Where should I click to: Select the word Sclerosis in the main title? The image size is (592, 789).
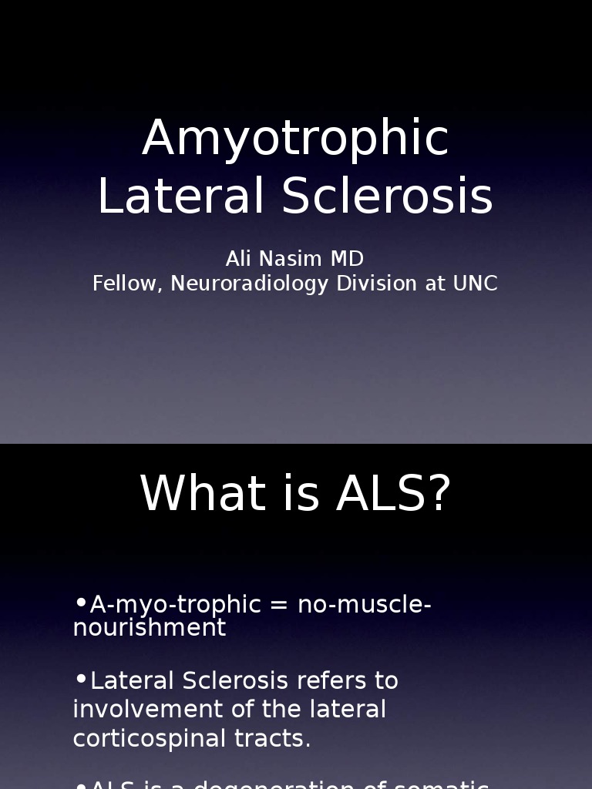387,196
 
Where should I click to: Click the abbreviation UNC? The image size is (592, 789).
475,284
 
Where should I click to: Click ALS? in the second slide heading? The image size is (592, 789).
393,493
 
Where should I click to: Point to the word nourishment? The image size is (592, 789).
150,628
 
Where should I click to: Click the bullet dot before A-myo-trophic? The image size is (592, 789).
81,602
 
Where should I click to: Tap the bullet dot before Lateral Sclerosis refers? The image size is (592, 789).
81,678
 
